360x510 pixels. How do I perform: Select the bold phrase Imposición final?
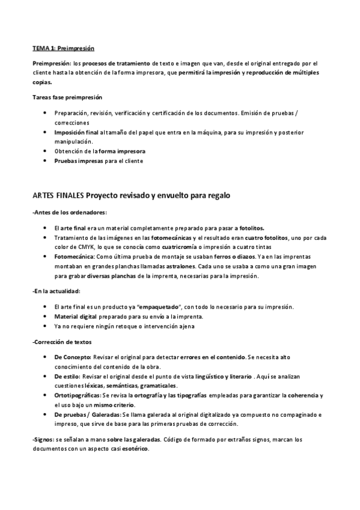[x=76, y=132]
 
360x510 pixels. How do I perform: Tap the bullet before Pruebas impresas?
[x=46, y=161]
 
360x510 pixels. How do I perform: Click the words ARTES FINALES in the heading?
[x=58, y=195]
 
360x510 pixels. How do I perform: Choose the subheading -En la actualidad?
[x=56, y=290]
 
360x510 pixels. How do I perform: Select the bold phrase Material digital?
[x=76, y=316]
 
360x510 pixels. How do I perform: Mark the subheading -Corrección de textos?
[x=62, y=342]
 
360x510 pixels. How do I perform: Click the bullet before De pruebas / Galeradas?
[x=46, y=414]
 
